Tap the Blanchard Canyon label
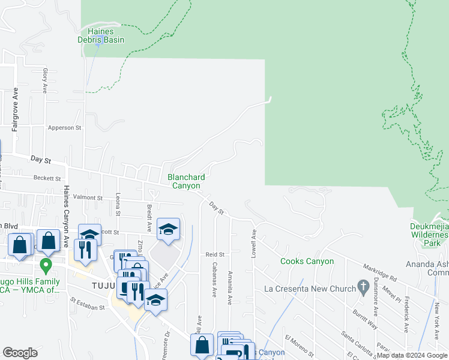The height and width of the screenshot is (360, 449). [x=186, y=181]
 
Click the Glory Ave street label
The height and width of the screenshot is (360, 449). [x=45, y=80]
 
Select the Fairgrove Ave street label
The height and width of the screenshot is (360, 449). [x=16, y=109]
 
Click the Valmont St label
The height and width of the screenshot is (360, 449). [x=88, y=197]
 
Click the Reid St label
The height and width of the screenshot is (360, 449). [x=214, y=254]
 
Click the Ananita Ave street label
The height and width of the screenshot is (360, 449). [x=230, y=287]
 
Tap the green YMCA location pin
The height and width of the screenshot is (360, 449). [x=44, y=265]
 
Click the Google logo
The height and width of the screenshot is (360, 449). [x=20, y=353]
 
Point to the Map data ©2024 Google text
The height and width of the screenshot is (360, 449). [x=412, y=355]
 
